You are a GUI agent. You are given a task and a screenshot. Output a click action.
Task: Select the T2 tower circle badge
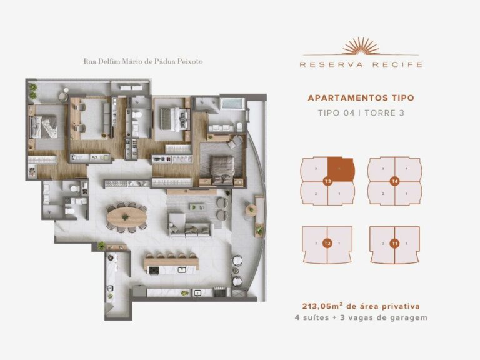327,243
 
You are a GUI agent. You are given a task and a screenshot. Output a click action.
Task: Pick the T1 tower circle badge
394,243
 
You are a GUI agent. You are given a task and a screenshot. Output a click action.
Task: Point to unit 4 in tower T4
407,169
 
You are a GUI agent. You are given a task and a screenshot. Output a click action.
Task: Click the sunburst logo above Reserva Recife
361,47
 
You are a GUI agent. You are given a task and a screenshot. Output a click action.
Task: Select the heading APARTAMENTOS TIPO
361,98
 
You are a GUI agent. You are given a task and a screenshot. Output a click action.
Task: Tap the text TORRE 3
381,113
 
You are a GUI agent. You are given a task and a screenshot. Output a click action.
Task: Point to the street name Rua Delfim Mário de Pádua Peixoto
143,61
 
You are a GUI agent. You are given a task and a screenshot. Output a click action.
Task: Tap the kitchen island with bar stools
172,264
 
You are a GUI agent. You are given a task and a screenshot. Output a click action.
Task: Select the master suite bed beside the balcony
222,168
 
